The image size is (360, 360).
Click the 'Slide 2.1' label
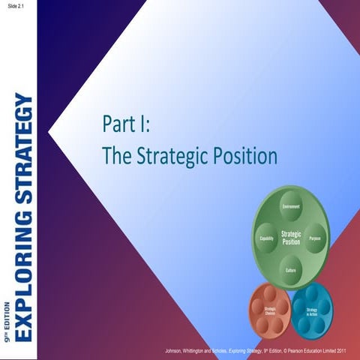click(x=13, y=7)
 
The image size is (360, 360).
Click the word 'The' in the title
click(x=116, y=157)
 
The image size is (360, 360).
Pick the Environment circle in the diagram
click(x=291, y=205)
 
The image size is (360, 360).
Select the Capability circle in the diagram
click(x=265, y=237)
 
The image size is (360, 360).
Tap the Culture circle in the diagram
click(x=291, y=268)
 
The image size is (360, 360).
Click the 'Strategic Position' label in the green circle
click(x=291, y=238)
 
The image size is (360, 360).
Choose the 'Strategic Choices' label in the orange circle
click(x=271, y=311)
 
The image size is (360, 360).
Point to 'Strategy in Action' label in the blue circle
click(x=312, y=311)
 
